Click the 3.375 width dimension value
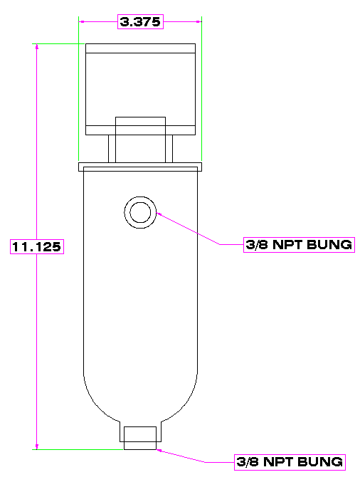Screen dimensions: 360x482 pyautogui.click(x=140, y=22)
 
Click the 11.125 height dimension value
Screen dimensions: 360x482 pyautogui.click(x=37, y=246)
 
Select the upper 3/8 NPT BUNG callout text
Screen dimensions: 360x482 pyautogui.click(x=299, y=245)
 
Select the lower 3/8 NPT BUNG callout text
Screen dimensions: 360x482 pyautogui.click(x=290, y=462)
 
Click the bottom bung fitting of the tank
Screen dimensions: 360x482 pyautogui.click(x=140, y=438)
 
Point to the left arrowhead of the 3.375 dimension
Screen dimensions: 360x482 pyautogui.click(x=81, y=22)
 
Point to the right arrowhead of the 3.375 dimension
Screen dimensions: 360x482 pyautogui.click(x=199, y=22)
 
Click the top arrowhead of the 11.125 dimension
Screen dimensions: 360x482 pyautogui.click(x=37, y=46)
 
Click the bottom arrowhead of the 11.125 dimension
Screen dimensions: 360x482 pyautogui.click(x=37, y=446)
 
